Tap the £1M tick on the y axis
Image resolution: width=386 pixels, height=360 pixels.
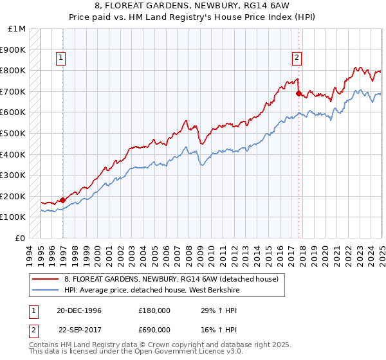(17, 29)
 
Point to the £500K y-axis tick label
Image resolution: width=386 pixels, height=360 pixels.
(13, 134)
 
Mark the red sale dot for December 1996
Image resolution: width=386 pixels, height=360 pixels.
(62, 200)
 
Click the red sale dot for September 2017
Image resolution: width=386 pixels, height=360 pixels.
(299, 94)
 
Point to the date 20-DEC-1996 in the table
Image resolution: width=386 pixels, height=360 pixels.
(79, 310)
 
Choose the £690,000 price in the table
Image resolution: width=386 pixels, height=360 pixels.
(154, 329)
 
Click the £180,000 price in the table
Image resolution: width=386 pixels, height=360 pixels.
(154, 310)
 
